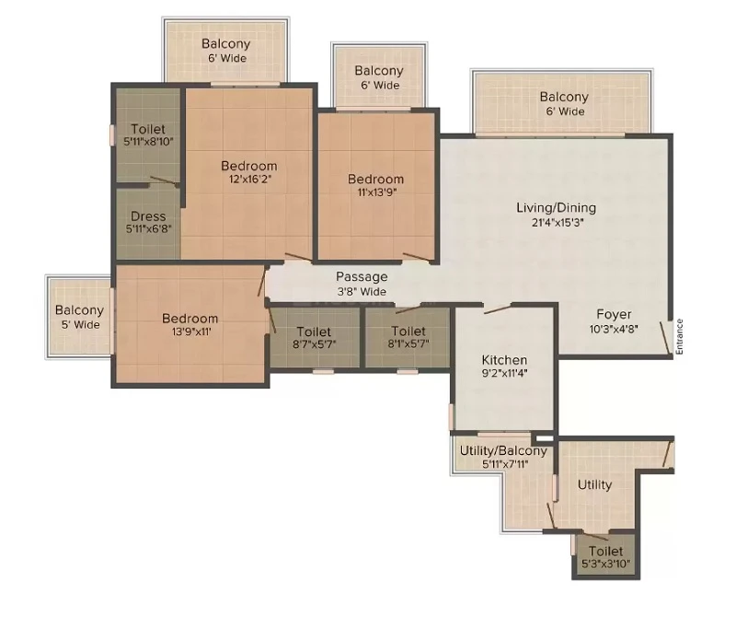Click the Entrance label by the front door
679,336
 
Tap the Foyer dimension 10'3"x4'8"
614,329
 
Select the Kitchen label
504,360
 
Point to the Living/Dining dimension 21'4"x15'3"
557,222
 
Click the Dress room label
148,216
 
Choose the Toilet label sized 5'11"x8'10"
148,129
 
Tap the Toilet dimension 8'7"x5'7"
314,344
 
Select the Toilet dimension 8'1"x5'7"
408,344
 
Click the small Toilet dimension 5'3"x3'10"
605,564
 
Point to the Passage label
362,277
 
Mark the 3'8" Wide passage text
362,291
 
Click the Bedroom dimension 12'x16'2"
249,179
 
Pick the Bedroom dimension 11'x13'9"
375,192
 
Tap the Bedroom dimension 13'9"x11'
190,332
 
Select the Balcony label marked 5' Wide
79,310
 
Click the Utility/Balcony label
503,450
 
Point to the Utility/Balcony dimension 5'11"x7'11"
503,465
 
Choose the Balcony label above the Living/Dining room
564,97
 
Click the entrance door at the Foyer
665,337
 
